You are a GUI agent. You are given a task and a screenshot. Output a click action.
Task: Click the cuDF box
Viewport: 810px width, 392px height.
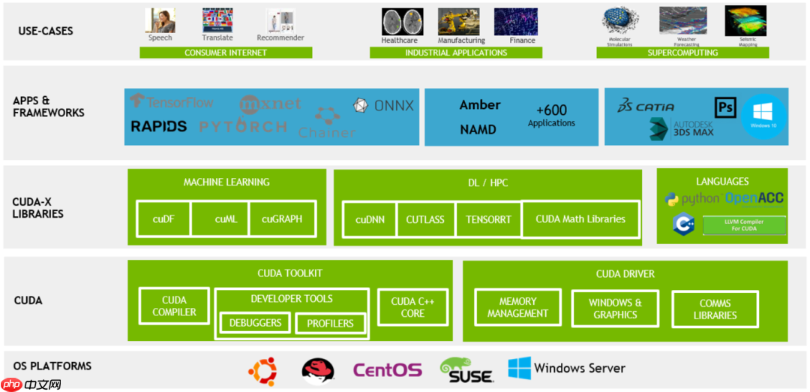pos(163,219)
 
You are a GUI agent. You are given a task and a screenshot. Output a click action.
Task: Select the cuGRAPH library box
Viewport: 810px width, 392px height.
pos(282,219)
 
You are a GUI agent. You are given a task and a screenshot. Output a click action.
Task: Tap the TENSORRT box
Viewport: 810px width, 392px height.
pos(488,219)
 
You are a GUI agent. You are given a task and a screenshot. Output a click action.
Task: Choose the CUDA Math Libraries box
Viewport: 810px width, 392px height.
pos(580,219)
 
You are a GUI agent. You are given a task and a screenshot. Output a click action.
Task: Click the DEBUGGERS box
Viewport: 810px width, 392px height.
pos(256,323)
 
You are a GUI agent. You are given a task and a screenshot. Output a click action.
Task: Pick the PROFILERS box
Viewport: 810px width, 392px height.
pos(330,323)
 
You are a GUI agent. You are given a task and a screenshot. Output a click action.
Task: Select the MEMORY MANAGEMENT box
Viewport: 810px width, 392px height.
pos(517,308)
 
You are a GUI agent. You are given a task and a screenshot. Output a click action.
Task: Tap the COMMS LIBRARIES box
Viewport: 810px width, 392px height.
pos(715,309)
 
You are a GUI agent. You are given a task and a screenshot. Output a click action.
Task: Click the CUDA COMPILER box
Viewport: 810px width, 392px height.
pos(174,306)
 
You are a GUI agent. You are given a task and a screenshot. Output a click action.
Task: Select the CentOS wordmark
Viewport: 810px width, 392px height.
pos(388,370)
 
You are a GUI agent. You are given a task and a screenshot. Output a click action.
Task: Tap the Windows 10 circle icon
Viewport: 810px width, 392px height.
pos(763,116)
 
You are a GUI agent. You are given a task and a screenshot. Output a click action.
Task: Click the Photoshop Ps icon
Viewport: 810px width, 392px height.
pos(725,107)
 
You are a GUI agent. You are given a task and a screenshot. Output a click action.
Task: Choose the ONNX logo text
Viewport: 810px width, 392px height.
pos(384,106)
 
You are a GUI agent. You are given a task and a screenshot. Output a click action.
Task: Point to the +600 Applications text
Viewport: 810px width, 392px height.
pos(551,116)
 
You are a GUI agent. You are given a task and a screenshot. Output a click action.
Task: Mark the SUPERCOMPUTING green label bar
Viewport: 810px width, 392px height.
pos(682,53)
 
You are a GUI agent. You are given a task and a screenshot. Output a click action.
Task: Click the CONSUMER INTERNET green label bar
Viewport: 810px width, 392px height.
pos(225,53)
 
